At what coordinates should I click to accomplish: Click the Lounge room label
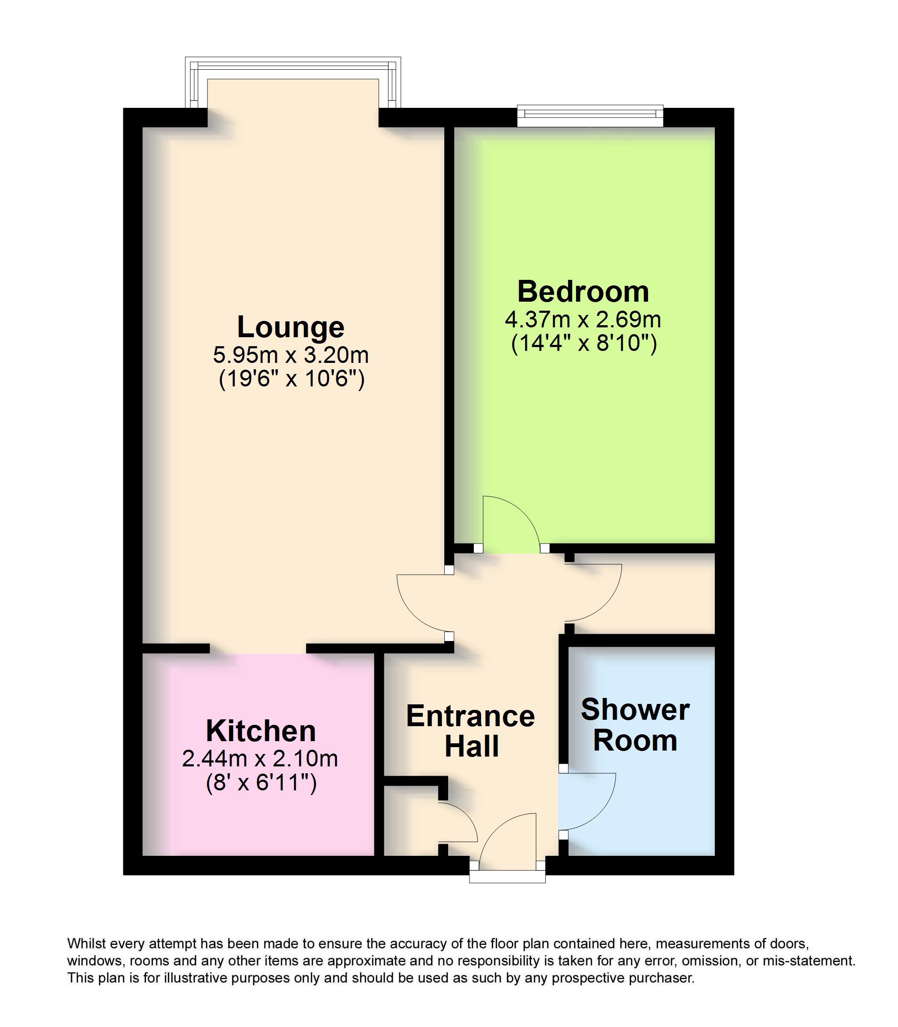click(291, 328)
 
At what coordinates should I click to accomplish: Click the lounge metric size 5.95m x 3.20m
click(291, 355)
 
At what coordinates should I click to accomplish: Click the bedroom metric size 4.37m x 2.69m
click(583, 319)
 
